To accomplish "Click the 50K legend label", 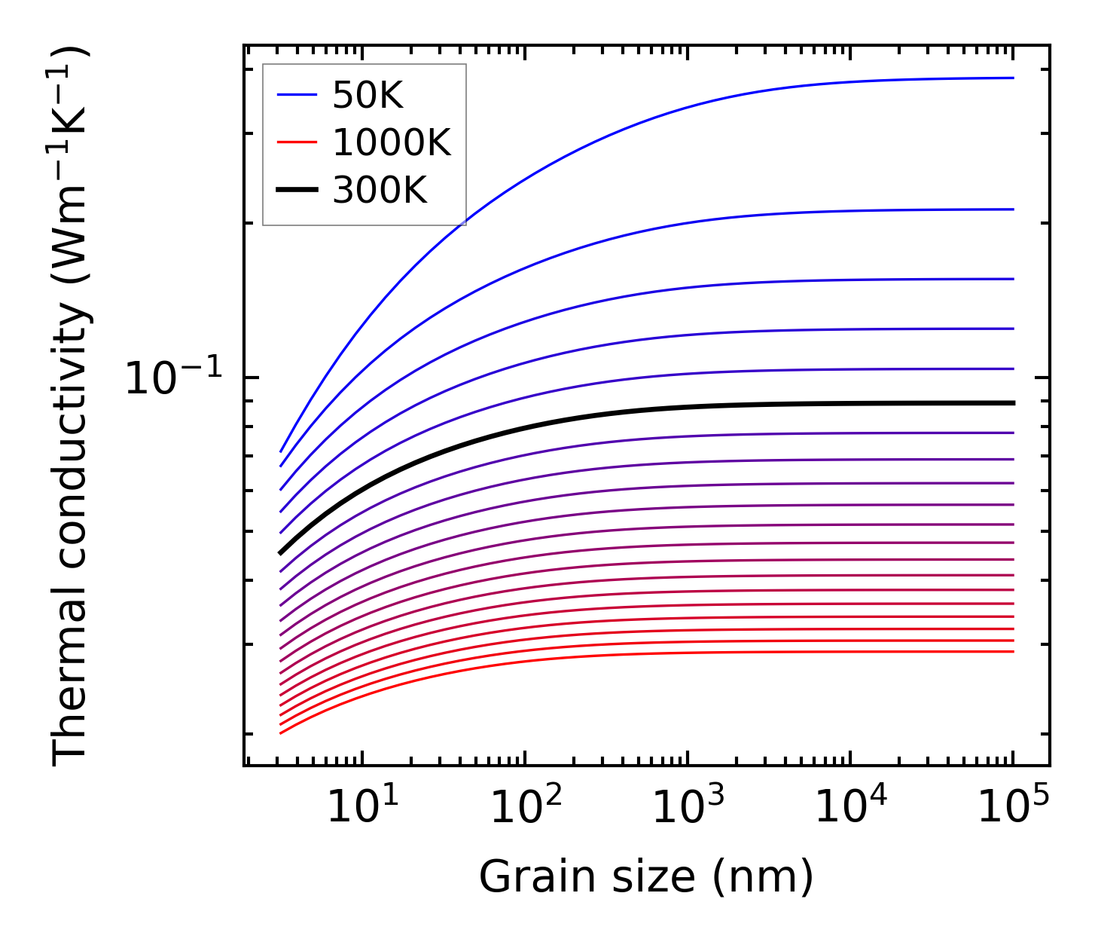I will (x=368, y=95).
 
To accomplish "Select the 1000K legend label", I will (x=392, y=142).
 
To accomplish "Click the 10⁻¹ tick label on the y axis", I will (x=174, y=378).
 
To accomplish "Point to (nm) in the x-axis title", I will (x=764, y=877).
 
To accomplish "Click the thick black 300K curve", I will (x=678, y=408).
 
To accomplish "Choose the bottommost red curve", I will (x=678, y=653).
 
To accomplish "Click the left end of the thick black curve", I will (x=281, y=552).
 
